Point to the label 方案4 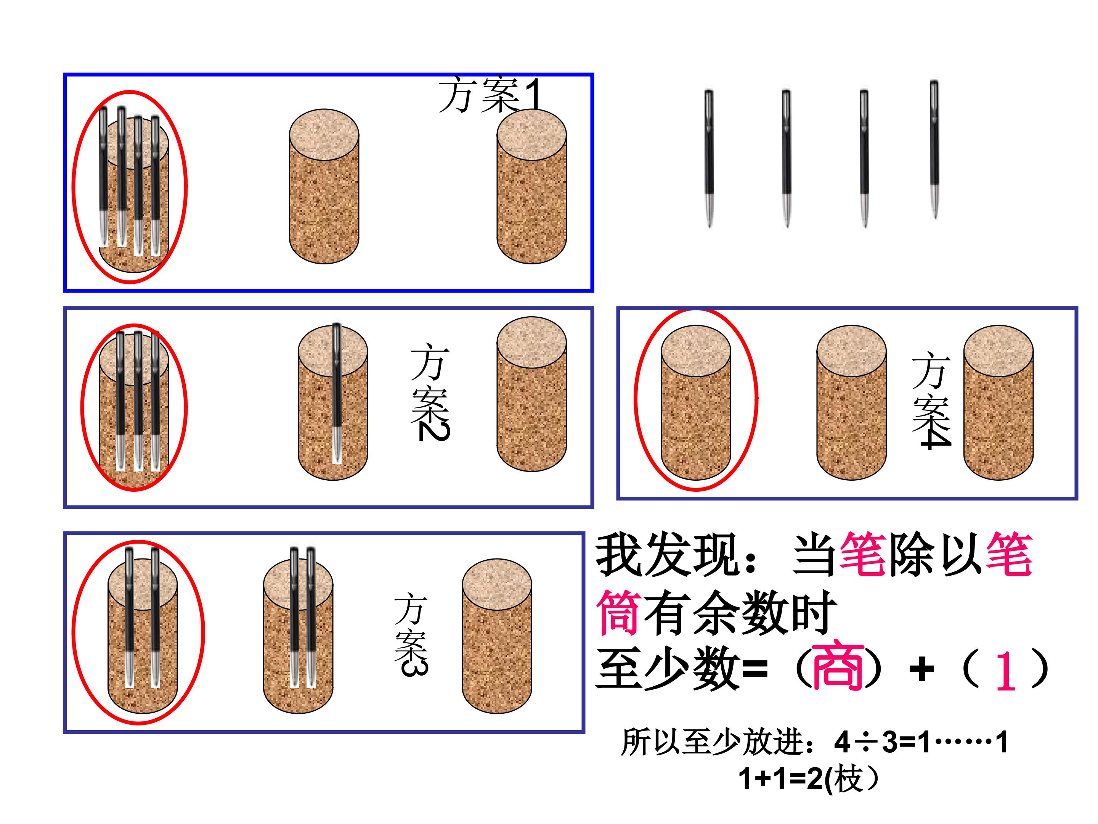tap(931, 400)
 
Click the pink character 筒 tap(618, 612)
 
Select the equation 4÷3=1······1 tap(921, 743)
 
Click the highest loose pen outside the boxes tap(935, 149)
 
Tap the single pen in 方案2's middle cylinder tap(337, 393)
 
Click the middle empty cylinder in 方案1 tap(324, 186)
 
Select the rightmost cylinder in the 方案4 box tap(999, 402)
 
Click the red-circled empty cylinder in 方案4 tap(696, 402)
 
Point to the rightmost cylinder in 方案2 tap(531, 394)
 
